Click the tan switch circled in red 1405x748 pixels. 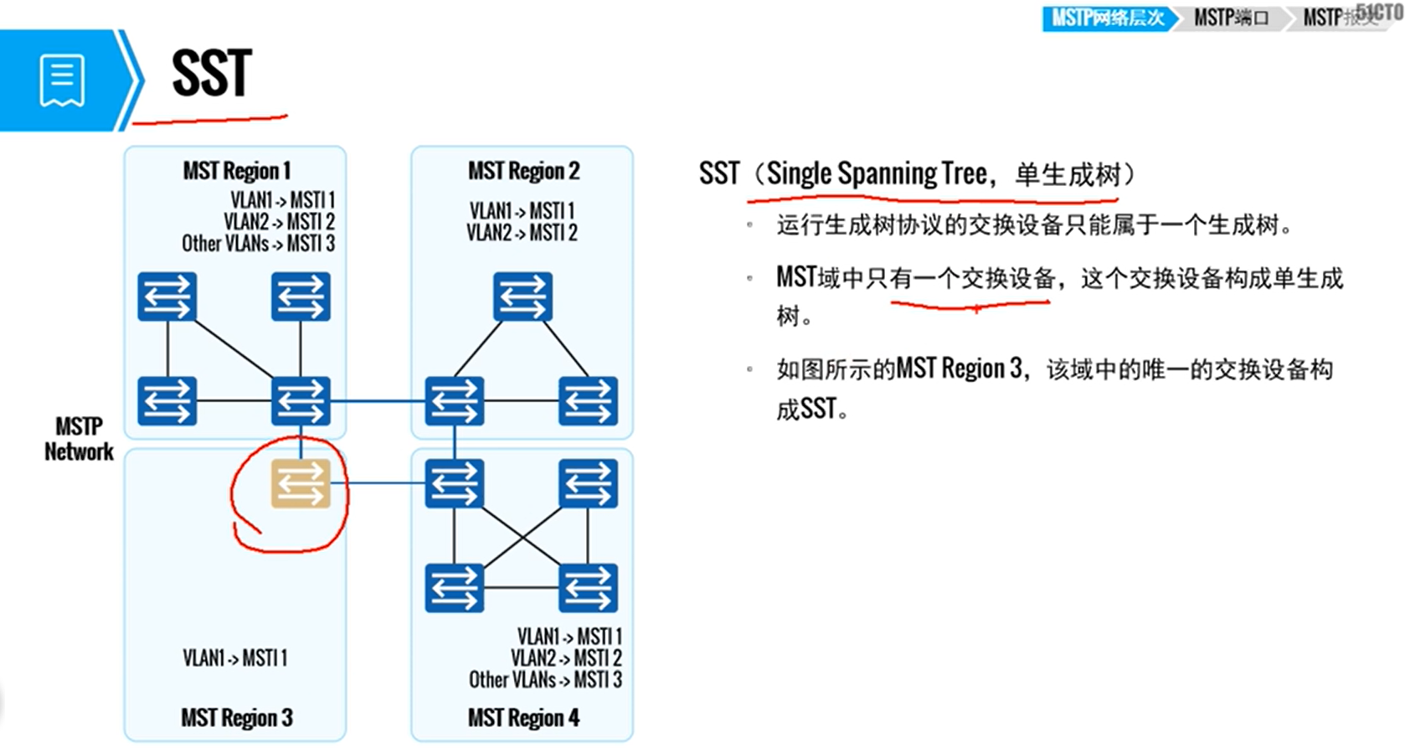[x=301, y=483]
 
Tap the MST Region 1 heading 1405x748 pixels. [x=237, y=171]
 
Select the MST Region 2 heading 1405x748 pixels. [x=523, y=171]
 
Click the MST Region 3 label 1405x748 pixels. [x=237, y=718]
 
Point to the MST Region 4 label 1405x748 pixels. [x=523, y=718]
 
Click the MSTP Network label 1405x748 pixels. [x=79, y=439]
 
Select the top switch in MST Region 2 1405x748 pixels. [x=522, y=297]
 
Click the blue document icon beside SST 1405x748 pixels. [x=62, y=80]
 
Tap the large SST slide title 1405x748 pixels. [x=211, y=74]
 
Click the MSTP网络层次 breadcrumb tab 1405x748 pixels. [x=1107, y=18]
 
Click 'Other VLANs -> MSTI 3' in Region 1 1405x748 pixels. [x=258, y=244]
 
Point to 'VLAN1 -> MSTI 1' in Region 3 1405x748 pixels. [x=235, y=658]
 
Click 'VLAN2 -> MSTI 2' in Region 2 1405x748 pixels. [x=522, y=233]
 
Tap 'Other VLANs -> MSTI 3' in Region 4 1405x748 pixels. [x=545, y=679]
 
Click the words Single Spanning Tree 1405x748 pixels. [x=877, y=174]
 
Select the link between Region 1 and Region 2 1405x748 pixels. [x=377, y=401]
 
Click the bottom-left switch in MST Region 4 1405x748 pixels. [x=454, y=587]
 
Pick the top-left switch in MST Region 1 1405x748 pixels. [x=167, y=297]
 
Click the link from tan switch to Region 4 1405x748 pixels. [x=377, y=483]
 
